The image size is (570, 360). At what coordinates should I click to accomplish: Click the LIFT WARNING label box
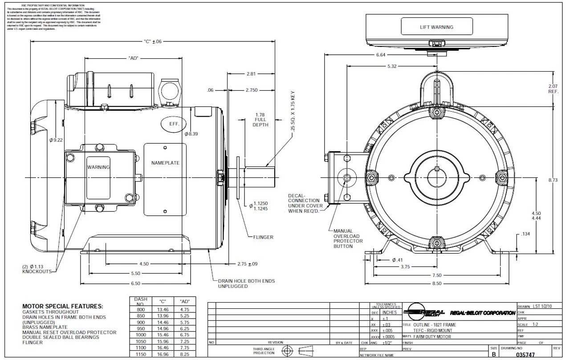[x=436, y=27]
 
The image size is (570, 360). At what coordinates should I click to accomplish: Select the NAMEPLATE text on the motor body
[x=165, y=163]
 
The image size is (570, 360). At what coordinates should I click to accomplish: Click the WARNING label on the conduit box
[x=98, y=167]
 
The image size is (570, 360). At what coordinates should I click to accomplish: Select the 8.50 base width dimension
[x=437, y=283]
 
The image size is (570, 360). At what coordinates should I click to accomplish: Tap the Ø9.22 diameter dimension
[x=57, y=140]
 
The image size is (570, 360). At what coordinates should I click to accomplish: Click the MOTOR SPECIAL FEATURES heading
[x=63, y=307]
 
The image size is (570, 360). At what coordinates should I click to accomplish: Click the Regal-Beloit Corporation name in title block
[x=482, y=313]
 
